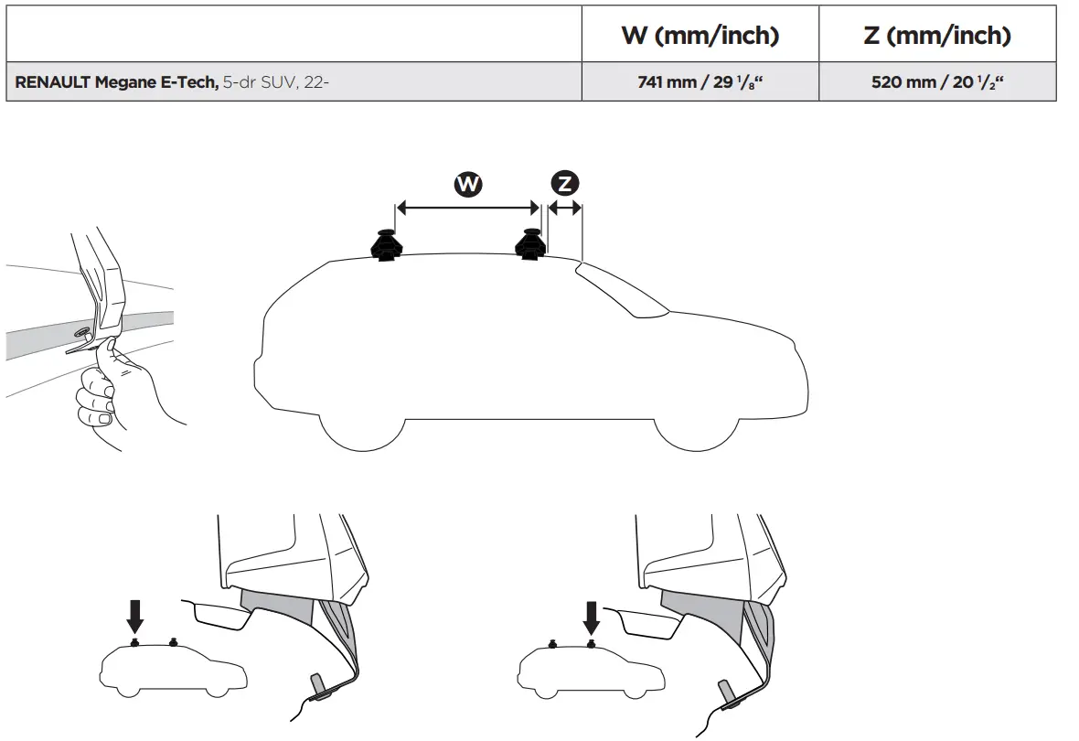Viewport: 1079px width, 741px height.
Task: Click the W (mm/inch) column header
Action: pyautogui.click(x=700, y=36)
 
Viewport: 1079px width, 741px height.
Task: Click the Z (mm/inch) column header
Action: pyautogui.click(x=937, y=36)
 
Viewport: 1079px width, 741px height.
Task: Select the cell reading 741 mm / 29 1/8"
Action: pyautogui.click(x=700, y=82)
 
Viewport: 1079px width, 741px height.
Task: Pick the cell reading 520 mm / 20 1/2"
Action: pyautogui.click(x=937, y=82)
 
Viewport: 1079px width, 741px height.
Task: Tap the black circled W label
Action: pyautogui.click(x=468, y=184)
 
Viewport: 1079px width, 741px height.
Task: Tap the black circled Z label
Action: pyautogui.click(x=565, y=184)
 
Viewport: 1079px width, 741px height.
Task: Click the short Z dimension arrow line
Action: pyautogui.click(x=564, y=209)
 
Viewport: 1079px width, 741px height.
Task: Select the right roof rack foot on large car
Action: pyautogui.click(x=530, y=244)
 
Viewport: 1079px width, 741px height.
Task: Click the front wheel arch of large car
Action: pyautogui.click(x=696, y=430)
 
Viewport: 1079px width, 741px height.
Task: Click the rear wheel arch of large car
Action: pyautogui.click(x=362, y=430)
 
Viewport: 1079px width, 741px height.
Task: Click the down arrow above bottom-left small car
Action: pyautogui.click(x=135, y=615)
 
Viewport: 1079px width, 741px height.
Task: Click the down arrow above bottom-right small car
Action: pyautogui.click(x=592, y=615)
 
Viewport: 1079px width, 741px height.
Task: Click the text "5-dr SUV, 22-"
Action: pyautogui.click(x=275, y=82)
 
